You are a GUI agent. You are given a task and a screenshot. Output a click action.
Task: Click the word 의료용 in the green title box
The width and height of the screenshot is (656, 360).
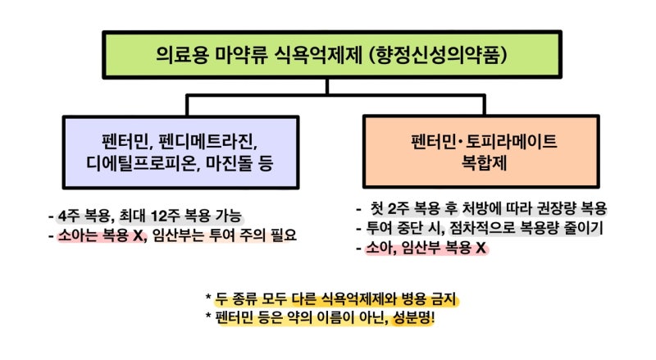181,55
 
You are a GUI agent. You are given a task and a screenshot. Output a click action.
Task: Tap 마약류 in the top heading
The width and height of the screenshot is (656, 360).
240,55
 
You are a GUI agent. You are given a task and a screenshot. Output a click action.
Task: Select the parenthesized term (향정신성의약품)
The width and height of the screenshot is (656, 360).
439,55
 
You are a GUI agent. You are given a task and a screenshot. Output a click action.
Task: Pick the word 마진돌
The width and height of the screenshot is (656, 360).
229,163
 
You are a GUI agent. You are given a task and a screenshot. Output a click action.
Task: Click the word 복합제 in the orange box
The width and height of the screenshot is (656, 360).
484,162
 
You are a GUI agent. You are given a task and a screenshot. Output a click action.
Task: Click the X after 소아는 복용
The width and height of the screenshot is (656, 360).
138,235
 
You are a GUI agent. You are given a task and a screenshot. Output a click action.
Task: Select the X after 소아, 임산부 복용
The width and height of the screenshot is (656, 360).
481,248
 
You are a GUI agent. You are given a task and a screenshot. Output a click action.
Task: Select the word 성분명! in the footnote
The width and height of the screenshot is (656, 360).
413,317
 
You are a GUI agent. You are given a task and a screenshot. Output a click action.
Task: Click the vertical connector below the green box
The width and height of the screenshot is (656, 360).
326,87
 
